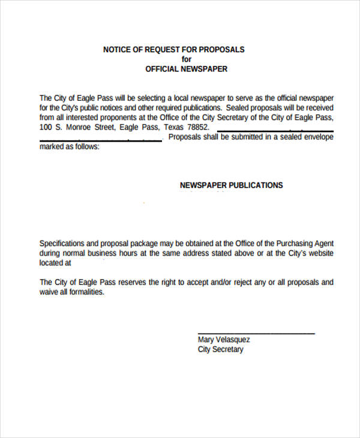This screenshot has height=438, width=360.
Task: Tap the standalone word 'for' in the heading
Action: point(187,59)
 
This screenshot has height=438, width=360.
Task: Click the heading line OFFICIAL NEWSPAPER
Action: point(187,69)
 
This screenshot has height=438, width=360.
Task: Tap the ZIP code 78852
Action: point(199,128)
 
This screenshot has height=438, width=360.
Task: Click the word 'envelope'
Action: point(316,137)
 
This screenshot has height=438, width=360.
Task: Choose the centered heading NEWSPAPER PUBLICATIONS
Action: point(231,185)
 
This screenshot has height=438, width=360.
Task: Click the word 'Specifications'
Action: point(62,244)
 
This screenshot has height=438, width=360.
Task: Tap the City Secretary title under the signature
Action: point(221,349)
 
